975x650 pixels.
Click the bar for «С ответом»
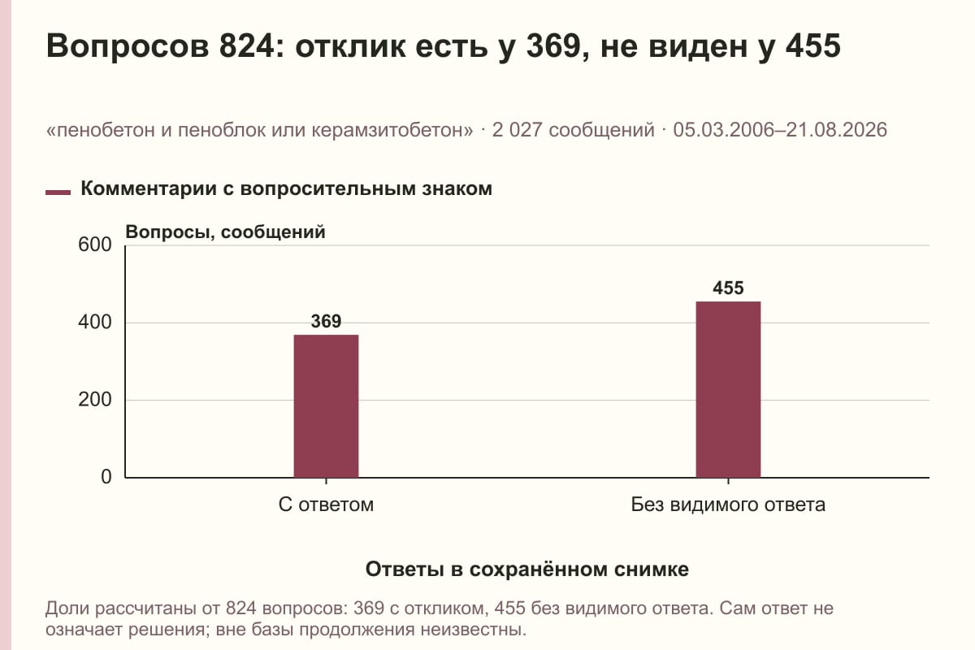(326, 406)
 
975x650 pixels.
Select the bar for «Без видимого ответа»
(728, 390)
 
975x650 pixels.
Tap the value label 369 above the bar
(326, 322)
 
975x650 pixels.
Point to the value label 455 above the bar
(728, 288)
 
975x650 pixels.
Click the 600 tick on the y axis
(95, 245)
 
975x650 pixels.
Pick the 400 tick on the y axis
(95, 323)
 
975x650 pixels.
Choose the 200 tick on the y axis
(95, 400)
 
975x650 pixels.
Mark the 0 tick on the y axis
(106, 477)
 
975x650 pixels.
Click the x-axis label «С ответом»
(326, 505)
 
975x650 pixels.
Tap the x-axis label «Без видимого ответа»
(728, 505)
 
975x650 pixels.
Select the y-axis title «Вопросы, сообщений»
(226, 232)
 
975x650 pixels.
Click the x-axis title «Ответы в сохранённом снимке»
(527, 570)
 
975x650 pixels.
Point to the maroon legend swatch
(58, 193)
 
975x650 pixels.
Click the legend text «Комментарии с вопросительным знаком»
(286, 189)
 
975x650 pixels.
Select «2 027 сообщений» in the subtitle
(574, 130)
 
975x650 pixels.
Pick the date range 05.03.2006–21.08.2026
(780, 130)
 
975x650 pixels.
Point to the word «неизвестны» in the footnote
(470, 630)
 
